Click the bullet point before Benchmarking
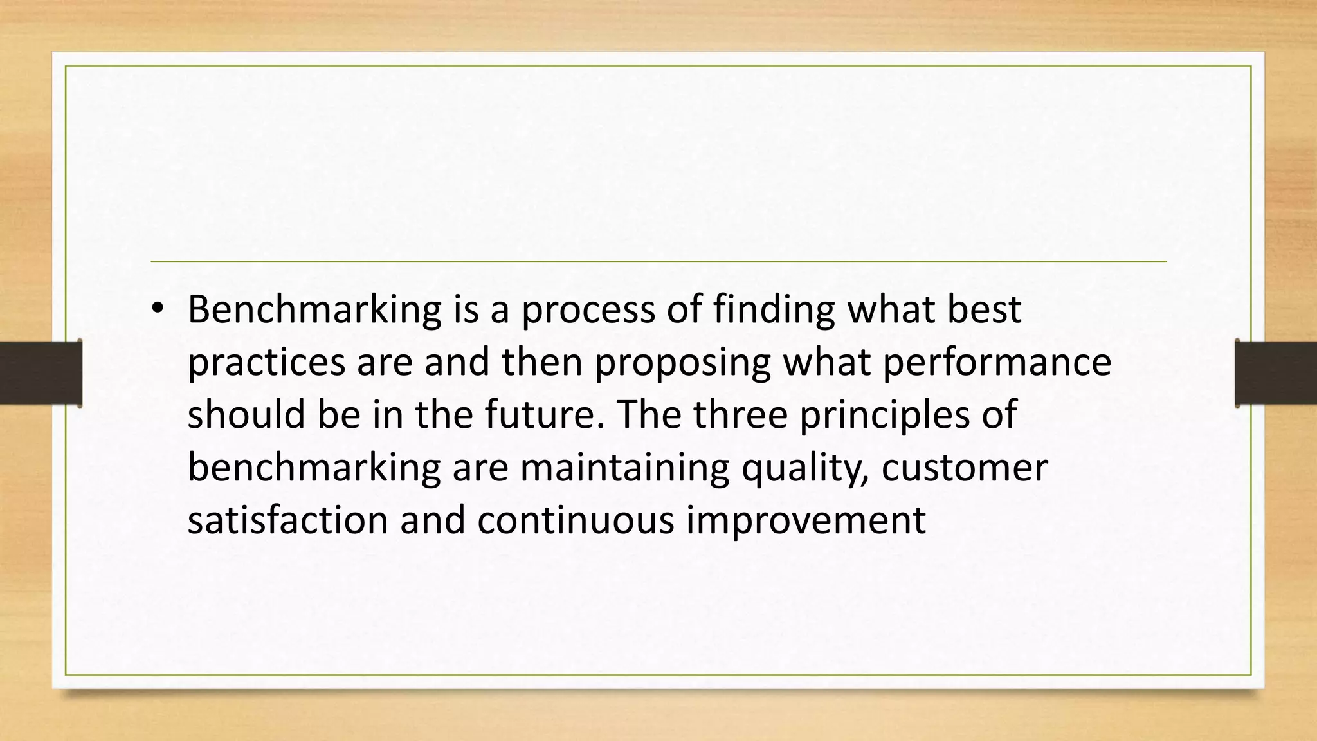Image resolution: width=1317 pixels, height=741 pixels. click(x=157, y=311)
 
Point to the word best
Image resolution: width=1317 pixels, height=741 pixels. click(x=984, y=311)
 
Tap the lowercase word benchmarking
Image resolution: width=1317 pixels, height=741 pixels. click(x=314, y=468)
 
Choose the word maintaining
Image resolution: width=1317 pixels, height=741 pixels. click(x=624, y=468)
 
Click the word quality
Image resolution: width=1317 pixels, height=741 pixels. click(x=804, y=468)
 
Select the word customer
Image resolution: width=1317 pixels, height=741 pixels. click(x=965, y=468)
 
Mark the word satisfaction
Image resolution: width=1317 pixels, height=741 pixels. click(x=287, y=520)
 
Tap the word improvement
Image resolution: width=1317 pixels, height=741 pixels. click(x=806, y=520)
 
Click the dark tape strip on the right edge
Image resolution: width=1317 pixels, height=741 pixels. click(x=1276, y=373)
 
